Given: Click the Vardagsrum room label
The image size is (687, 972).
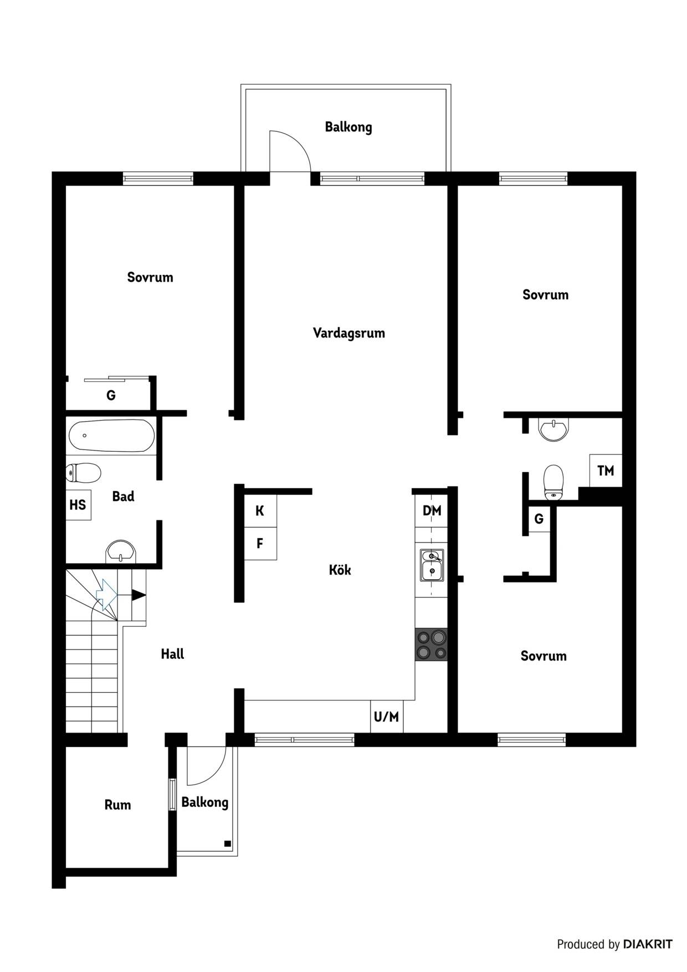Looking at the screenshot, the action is [x=348, y=333].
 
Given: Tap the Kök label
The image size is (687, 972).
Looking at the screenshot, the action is [x=340, y=570].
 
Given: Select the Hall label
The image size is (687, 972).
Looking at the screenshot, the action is [x=172, y=654].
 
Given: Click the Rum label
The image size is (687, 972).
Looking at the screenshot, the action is [x=117, y=805].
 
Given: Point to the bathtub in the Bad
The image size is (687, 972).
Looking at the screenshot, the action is [x=111, y=436].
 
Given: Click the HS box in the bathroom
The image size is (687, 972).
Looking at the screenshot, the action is [x=78, y=505].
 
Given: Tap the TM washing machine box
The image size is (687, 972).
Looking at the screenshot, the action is [x=606, y=470].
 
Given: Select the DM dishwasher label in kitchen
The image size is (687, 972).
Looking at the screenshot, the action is [x=432, y=510].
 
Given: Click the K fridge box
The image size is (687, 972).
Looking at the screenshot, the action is [x=260, y=511].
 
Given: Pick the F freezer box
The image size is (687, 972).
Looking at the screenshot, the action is [x=260, y=544].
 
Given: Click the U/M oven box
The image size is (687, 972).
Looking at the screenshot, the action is [x=387, y=717].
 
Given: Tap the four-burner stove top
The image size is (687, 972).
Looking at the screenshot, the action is [x=431, y=645].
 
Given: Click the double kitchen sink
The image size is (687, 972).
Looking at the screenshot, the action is [x=432, y=565].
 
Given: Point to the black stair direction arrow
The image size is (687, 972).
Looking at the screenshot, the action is [x=139, y=595].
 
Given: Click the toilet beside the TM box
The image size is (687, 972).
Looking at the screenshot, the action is [x=553, y=482].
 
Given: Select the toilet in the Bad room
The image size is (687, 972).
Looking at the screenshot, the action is [x=83, y=473].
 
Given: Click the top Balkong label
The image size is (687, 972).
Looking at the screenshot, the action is [x=348, y=127].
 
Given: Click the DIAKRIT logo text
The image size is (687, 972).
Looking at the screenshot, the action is [x=648, y=944].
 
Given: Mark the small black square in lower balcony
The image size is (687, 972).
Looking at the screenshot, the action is [x=227, y=843].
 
